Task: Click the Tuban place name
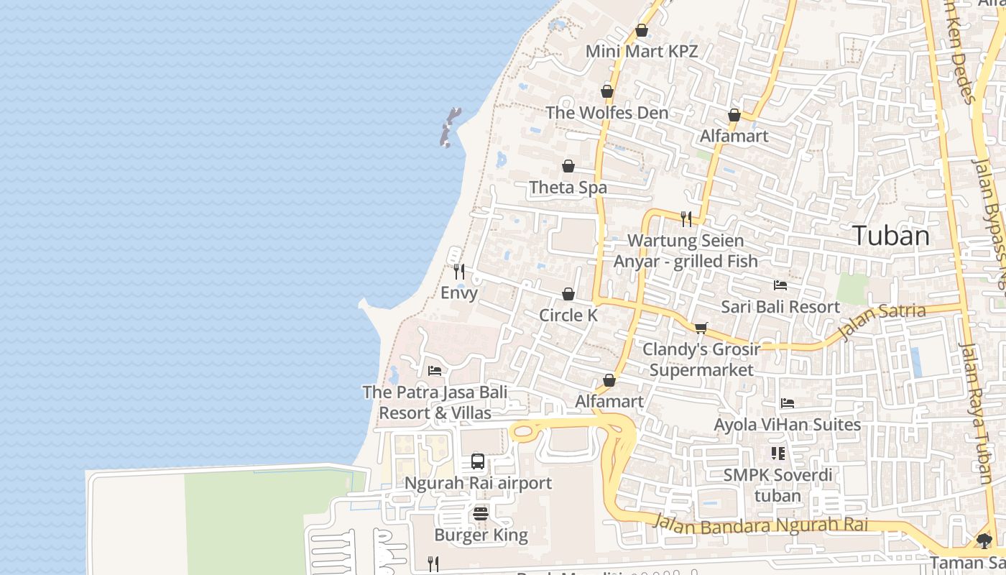tap(891, 236)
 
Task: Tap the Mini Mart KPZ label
tap(642, 52)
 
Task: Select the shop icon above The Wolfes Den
tap(607, 92)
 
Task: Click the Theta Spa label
tap(568, 188)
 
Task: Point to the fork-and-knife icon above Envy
tap(458, 271)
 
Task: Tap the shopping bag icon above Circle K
tap(568, 294)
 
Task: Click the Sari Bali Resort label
tap(780, 307)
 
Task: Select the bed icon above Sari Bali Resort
tap(780, 285)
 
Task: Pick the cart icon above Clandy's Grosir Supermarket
tap(701, 328)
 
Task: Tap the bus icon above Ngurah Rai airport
tap(478, 461)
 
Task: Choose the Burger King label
tap(481, 535)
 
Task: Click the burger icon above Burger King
tap(481, 514)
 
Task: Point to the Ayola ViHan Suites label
tap(787, 425)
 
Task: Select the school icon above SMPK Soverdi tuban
tap(778, 454)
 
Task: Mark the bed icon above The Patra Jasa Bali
tap(434, 371)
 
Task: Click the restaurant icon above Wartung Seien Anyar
tap(686, 218)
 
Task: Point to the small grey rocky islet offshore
tap(450, 127)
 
